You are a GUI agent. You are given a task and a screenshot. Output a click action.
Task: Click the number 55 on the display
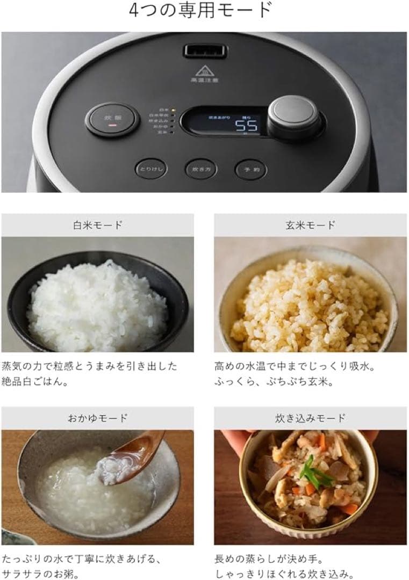coord(248,126)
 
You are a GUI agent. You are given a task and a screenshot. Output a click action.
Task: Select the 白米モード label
coord(97,225)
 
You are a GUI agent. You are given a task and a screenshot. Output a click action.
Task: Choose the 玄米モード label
coord(310,225)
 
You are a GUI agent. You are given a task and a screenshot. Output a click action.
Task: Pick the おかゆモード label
coord(97,418)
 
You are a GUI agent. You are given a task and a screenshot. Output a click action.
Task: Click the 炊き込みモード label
coord(310,418)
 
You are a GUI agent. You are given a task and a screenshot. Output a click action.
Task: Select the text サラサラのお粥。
coord(41,575)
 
